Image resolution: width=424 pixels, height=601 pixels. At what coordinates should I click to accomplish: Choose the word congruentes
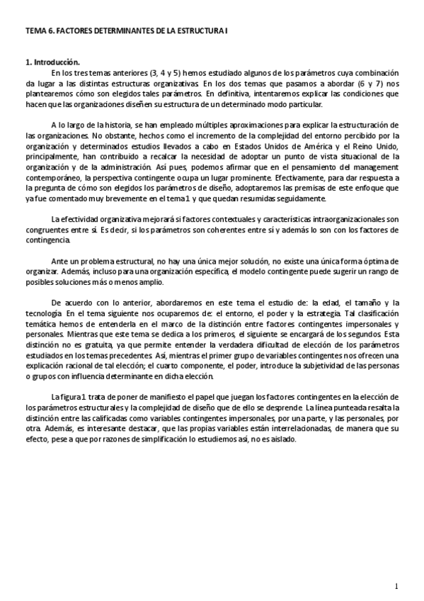pyautogui.click(x=47, y=230)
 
